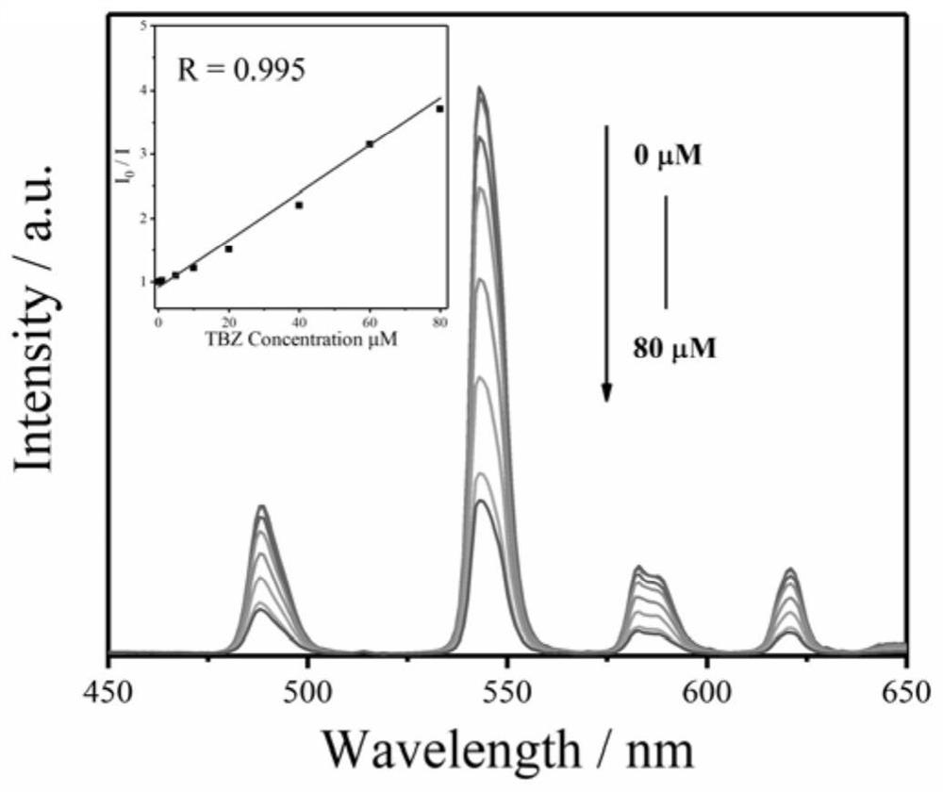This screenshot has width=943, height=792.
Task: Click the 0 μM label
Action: pyautogui.click(x=668, y=157)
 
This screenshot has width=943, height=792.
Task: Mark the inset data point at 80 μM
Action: pyautogui.click(x=439, y=108)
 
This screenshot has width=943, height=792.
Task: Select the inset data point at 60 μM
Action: pyautogui.click(x=370, y=143)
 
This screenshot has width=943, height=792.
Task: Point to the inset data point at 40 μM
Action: pyautogui.click(x=299, y=205)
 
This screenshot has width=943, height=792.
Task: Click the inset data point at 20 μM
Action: pyautogui.click(x=228, y=249)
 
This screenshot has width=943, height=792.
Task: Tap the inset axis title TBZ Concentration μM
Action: pyautogui.click(x=297, y=338)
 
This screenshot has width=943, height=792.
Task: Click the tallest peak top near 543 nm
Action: pyautogui.click(x=480, y=89)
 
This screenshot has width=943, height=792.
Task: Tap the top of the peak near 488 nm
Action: pyautogui.click(x=261, y=507)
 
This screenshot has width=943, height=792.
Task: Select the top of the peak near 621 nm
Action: pyautogui.click(x=790, y=569)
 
